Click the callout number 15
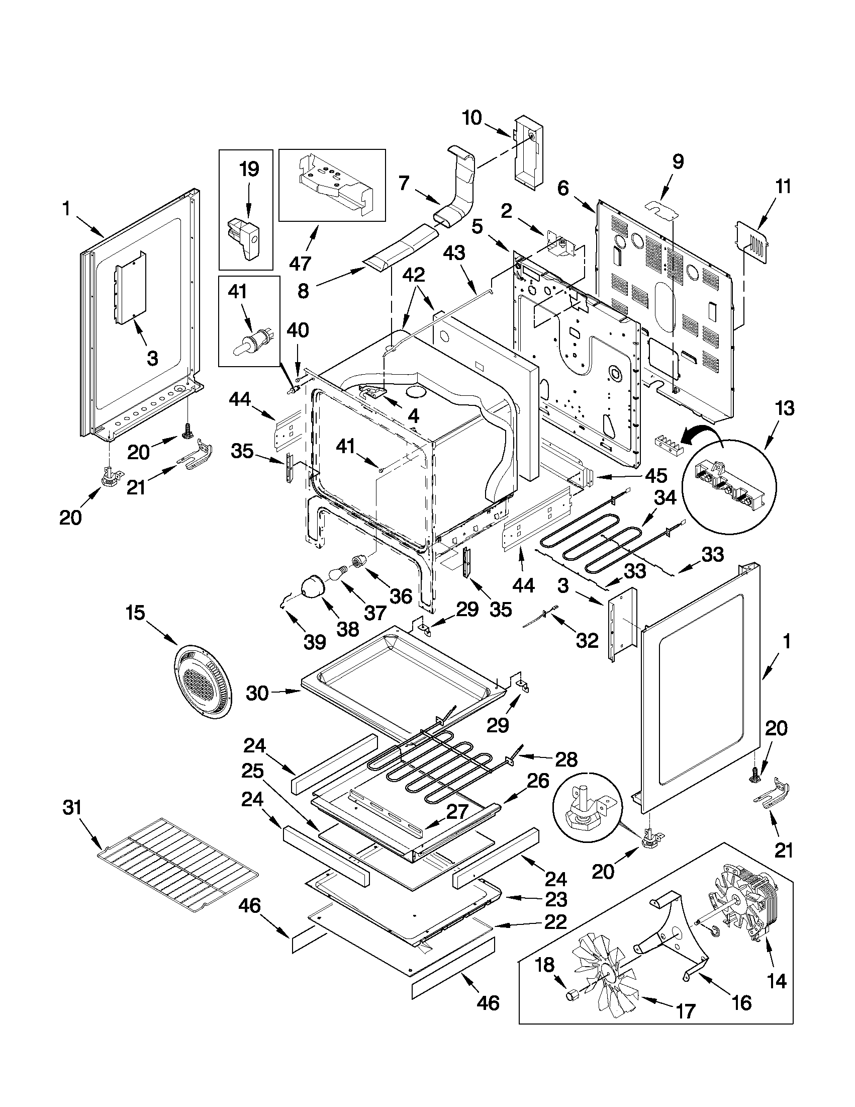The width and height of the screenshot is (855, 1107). point(135,613)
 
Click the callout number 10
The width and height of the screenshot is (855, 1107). point(471,118)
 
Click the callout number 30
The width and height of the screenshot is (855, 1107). point(257,693)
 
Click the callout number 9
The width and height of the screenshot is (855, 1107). point(678,161)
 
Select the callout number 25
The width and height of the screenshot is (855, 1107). point(252,772)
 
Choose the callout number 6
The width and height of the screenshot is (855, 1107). point(563,189)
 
